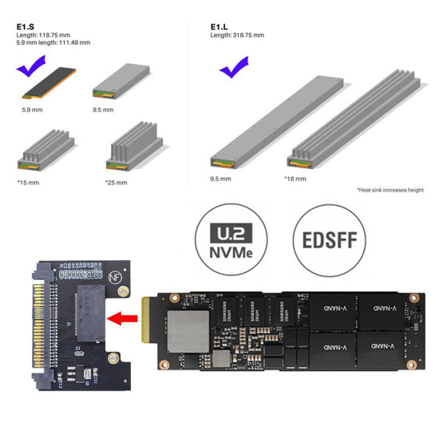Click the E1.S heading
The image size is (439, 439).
(25, 26)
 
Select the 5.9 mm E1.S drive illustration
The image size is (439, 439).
(49, 85)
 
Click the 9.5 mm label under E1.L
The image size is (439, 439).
(219, 180)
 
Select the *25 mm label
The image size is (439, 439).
(114, 183)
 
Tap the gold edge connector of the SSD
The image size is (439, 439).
(145, 326)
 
